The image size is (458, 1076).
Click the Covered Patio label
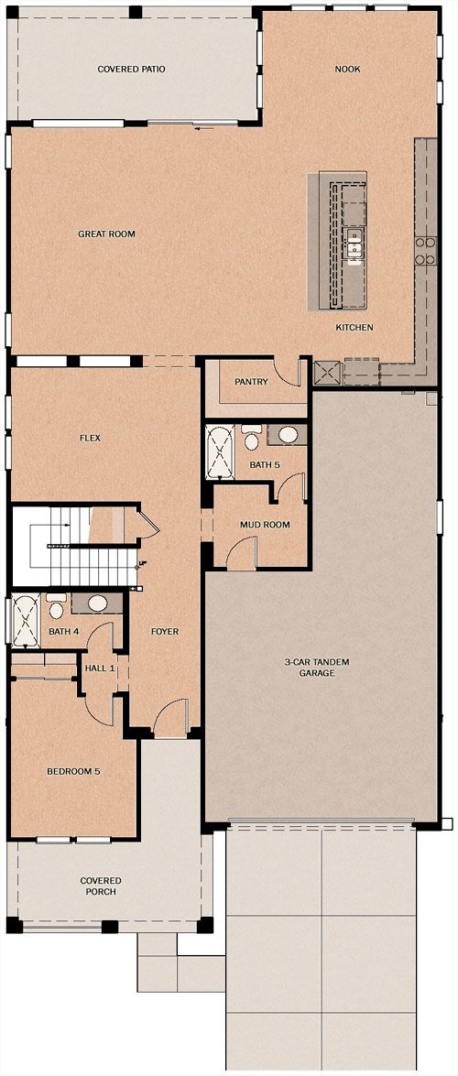click(131, 70)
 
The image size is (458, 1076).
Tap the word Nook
click(348, 70)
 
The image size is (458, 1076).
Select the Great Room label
click(106, 234)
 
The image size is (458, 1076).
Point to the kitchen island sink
click(354, 245)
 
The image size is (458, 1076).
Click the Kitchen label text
click(354, 327)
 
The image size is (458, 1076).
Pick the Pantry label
click(251, 382)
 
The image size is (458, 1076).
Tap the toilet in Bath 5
click(252, 436)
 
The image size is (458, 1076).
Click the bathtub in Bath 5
click(221, 452)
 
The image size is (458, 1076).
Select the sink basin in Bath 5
click(288, 435)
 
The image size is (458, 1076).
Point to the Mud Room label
click(265, 525)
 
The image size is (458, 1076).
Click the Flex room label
click(90, 438)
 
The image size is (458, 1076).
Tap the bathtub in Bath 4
click(27, 622)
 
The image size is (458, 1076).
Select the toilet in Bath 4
click(56, 606)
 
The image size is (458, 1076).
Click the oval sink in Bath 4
click(97, 603)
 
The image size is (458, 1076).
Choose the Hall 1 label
click(100, 668)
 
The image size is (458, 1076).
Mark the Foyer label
click(165, 631)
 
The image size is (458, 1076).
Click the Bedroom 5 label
click(73, 771)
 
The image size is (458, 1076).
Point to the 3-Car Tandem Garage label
click(317, 668)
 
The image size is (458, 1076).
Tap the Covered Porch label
click(100, 886)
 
